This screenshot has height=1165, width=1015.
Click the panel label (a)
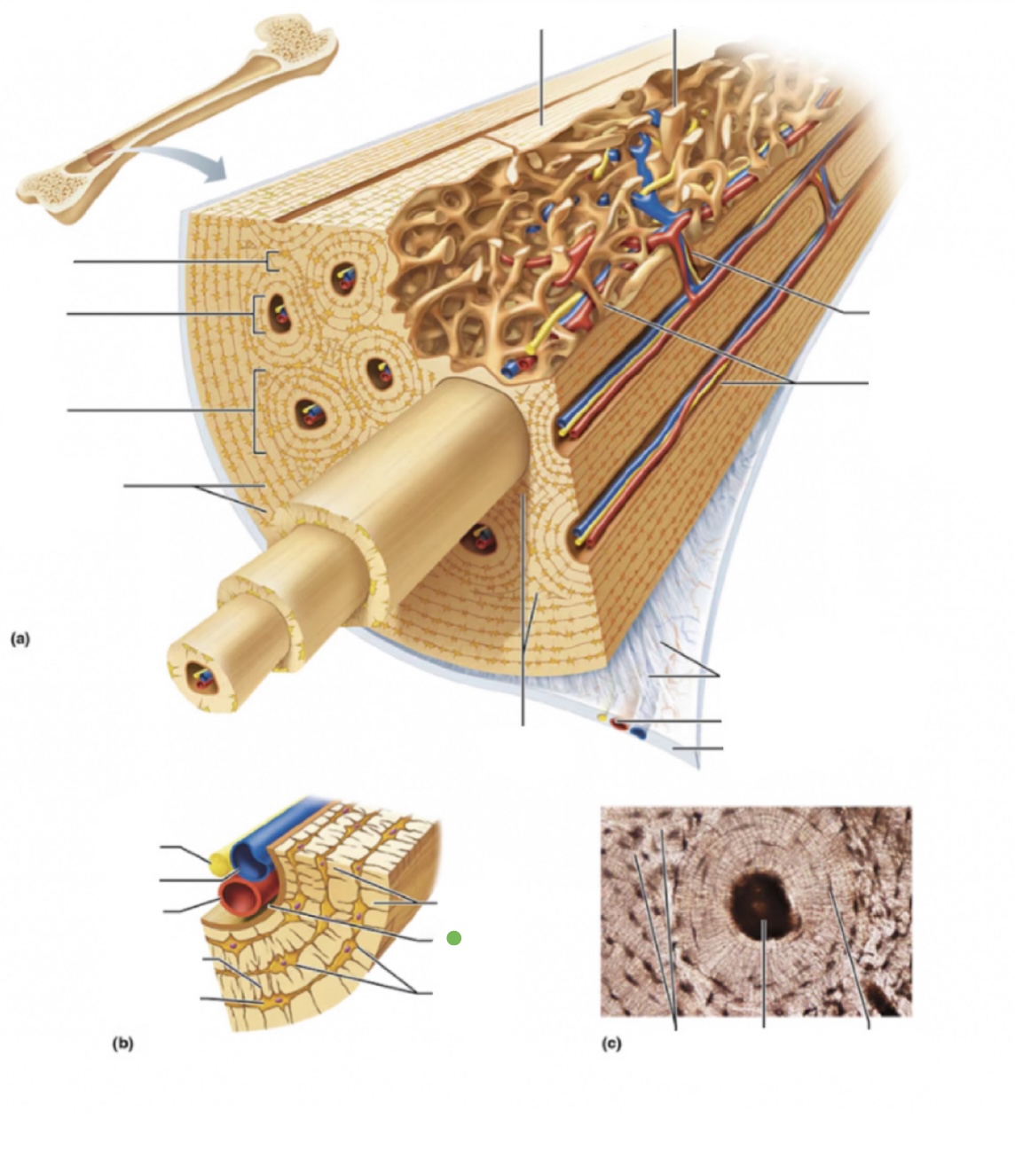[x=20, y=638]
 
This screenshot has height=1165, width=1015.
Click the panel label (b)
[x=122, y=1044]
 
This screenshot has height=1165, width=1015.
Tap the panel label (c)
[x=611, y=1044]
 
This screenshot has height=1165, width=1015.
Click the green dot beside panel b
[x=453, y=937]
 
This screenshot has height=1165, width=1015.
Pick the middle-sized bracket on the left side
[x=256, y=314]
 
